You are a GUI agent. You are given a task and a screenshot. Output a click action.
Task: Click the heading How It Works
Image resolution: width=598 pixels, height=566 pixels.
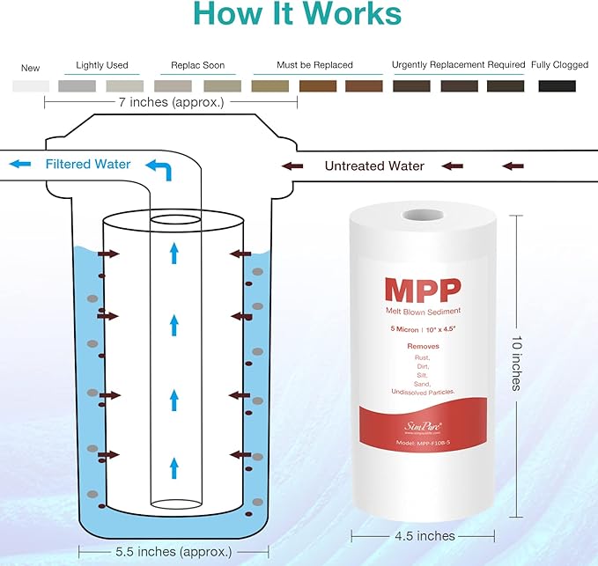pos(298,15)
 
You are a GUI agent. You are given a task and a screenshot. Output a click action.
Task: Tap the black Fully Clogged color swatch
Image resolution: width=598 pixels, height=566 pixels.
pos(557,86)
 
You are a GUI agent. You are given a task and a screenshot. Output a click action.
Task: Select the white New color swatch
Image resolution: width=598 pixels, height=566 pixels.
pos(31,86)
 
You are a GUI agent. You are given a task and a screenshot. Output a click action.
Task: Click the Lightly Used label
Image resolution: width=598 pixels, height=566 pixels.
pos(102,65)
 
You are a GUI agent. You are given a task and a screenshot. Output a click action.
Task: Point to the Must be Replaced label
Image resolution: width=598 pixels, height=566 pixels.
pos(314,65)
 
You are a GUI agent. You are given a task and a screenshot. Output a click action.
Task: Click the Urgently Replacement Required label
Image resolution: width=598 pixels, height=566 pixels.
pos(458,65)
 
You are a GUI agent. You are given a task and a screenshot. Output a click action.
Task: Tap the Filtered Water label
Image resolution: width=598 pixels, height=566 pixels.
pos(88,164)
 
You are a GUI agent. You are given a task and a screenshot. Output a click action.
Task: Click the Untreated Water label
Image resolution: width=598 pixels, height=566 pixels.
pos(374,165)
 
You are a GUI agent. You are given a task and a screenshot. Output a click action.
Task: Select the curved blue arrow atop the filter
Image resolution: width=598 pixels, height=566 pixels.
pos(159,167)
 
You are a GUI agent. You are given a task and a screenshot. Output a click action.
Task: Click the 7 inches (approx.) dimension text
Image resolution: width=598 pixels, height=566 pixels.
pos(170,102)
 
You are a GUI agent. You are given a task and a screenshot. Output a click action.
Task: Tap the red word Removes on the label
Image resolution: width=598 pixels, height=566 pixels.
pos(423,346)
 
